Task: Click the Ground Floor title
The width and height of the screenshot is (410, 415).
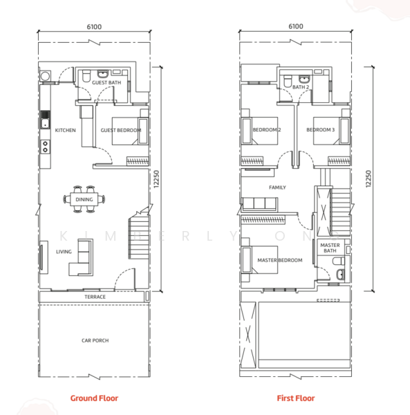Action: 94,398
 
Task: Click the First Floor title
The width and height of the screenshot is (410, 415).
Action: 296,398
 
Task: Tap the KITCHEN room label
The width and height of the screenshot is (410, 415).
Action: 65,130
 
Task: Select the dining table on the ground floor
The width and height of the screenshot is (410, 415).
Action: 84,199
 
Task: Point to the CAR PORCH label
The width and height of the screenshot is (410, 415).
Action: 95,340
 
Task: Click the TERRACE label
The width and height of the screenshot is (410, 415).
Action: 95,297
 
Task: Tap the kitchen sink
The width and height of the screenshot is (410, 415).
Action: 45,123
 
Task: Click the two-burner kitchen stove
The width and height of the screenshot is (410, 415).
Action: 45,147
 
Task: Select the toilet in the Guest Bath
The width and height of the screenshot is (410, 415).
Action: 86,76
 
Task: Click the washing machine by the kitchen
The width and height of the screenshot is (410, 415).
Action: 45,76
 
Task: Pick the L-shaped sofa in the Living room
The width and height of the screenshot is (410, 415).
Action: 81,257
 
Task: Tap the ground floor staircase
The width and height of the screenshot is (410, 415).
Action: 139,237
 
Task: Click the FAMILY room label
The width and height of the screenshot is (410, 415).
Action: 277,187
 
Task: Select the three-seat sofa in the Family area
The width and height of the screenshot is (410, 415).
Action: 259,204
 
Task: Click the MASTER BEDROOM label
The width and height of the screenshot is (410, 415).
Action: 280,260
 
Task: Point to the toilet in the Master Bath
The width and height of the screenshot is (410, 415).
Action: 339,261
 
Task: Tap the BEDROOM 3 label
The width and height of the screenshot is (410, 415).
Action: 320,130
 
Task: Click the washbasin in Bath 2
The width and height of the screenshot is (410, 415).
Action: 304,79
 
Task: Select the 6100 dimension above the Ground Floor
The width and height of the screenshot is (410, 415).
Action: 94,27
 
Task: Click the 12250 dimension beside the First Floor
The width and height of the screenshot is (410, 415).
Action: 369,179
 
